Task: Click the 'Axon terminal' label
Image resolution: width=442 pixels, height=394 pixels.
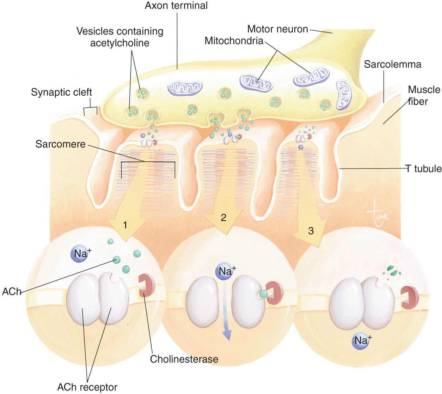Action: (176, 6)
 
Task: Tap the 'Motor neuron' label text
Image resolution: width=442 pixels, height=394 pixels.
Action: (277, 29)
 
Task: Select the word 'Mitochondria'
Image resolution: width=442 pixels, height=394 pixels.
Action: (234, 41)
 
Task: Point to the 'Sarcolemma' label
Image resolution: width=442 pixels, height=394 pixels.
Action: (392, 65)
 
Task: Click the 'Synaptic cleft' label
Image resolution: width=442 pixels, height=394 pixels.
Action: (61, 92)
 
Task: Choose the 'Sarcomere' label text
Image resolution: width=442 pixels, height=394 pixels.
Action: (60, 144)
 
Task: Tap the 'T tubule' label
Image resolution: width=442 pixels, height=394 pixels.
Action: (423, 169)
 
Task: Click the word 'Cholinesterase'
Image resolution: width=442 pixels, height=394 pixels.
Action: (184, 359)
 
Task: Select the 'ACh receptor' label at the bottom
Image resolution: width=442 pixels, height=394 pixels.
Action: (87, 387)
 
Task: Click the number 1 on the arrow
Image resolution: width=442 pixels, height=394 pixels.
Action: (125, 225)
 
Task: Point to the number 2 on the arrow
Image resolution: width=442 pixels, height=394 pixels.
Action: (223, 217)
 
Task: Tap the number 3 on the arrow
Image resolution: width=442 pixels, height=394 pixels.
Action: (311, 231)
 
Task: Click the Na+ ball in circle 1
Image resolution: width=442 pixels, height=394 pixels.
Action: (80, 253)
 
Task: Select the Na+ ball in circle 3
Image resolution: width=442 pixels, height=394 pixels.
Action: (361, 341)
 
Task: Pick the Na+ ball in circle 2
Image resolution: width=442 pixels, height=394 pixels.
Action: (225, 271)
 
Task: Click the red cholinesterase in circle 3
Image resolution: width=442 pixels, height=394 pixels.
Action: (410, 297)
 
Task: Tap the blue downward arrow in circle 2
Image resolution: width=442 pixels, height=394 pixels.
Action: (226, 313)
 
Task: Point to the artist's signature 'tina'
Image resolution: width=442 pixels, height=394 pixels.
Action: (377, 212)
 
